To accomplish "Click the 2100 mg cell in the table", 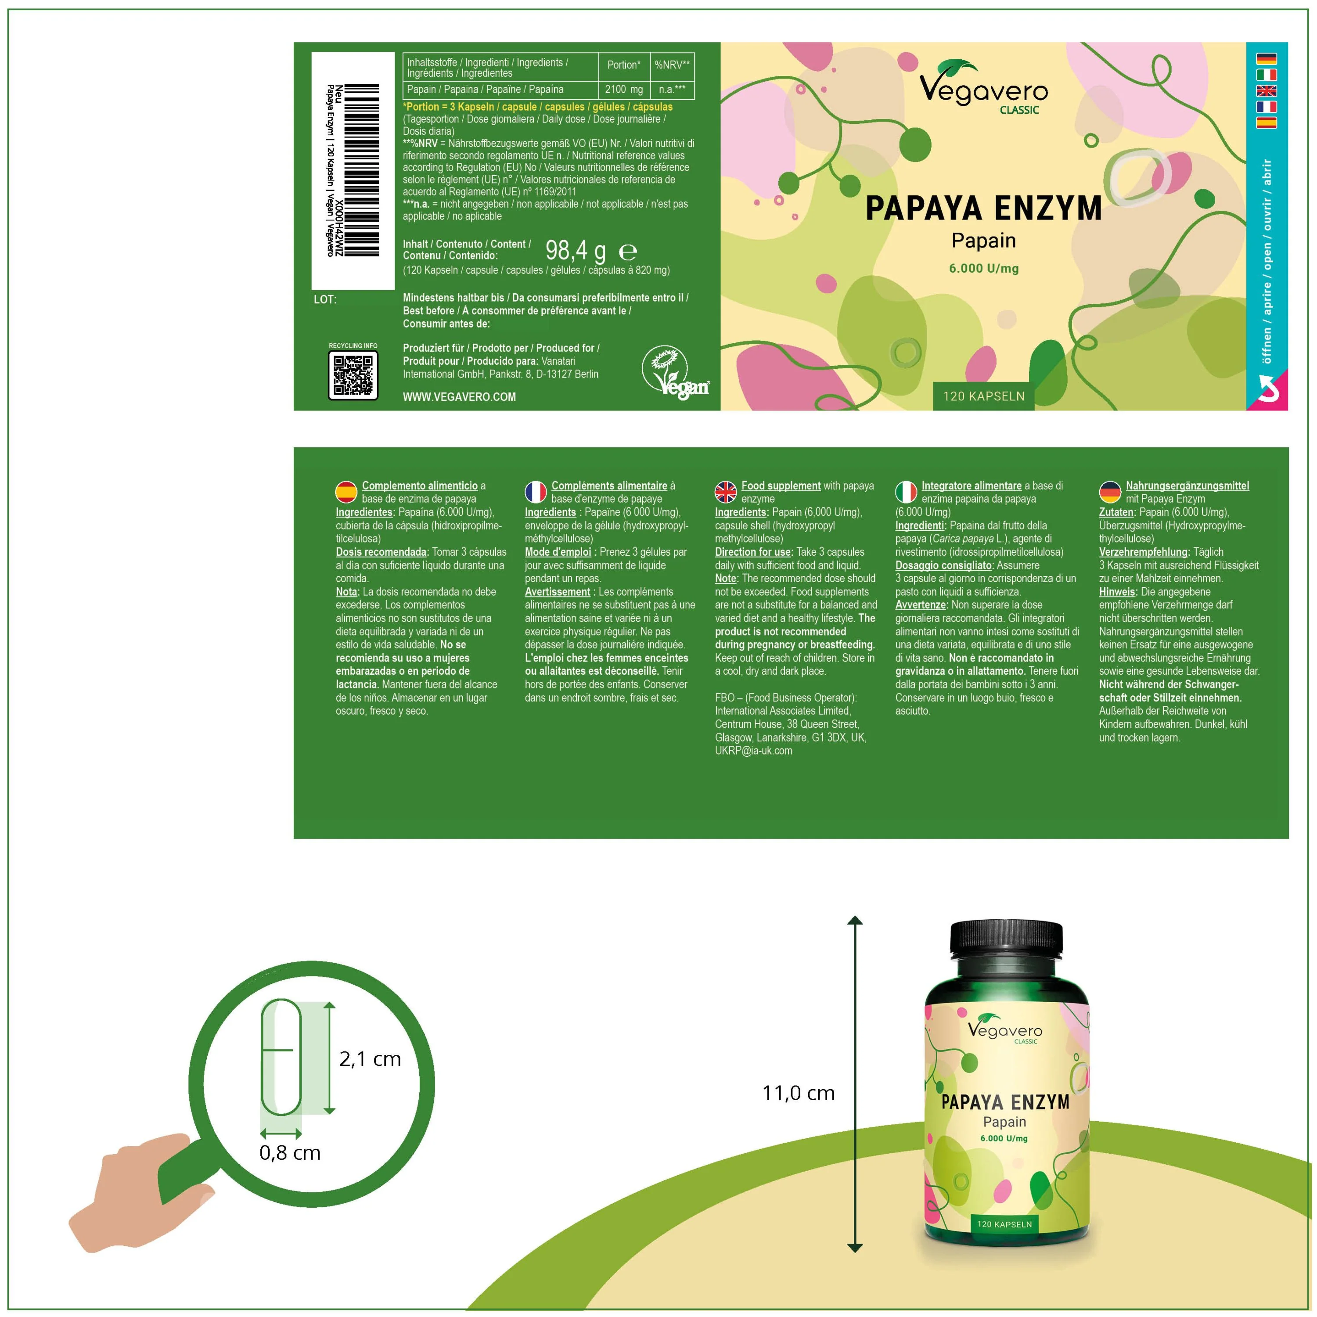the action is tap(624, 89).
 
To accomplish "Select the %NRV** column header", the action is tap(672, 65).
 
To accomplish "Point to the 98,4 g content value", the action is tap(576, 251).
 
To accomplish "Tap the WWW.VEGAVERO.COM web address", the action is tap(460, 397).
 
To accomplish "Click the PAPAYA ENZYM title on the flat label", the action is tap(984, 209).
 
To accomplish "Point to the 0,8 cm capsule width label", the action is tap(290, 1153).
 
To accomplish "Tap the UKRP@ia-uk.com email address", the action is tap(753, 751).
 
